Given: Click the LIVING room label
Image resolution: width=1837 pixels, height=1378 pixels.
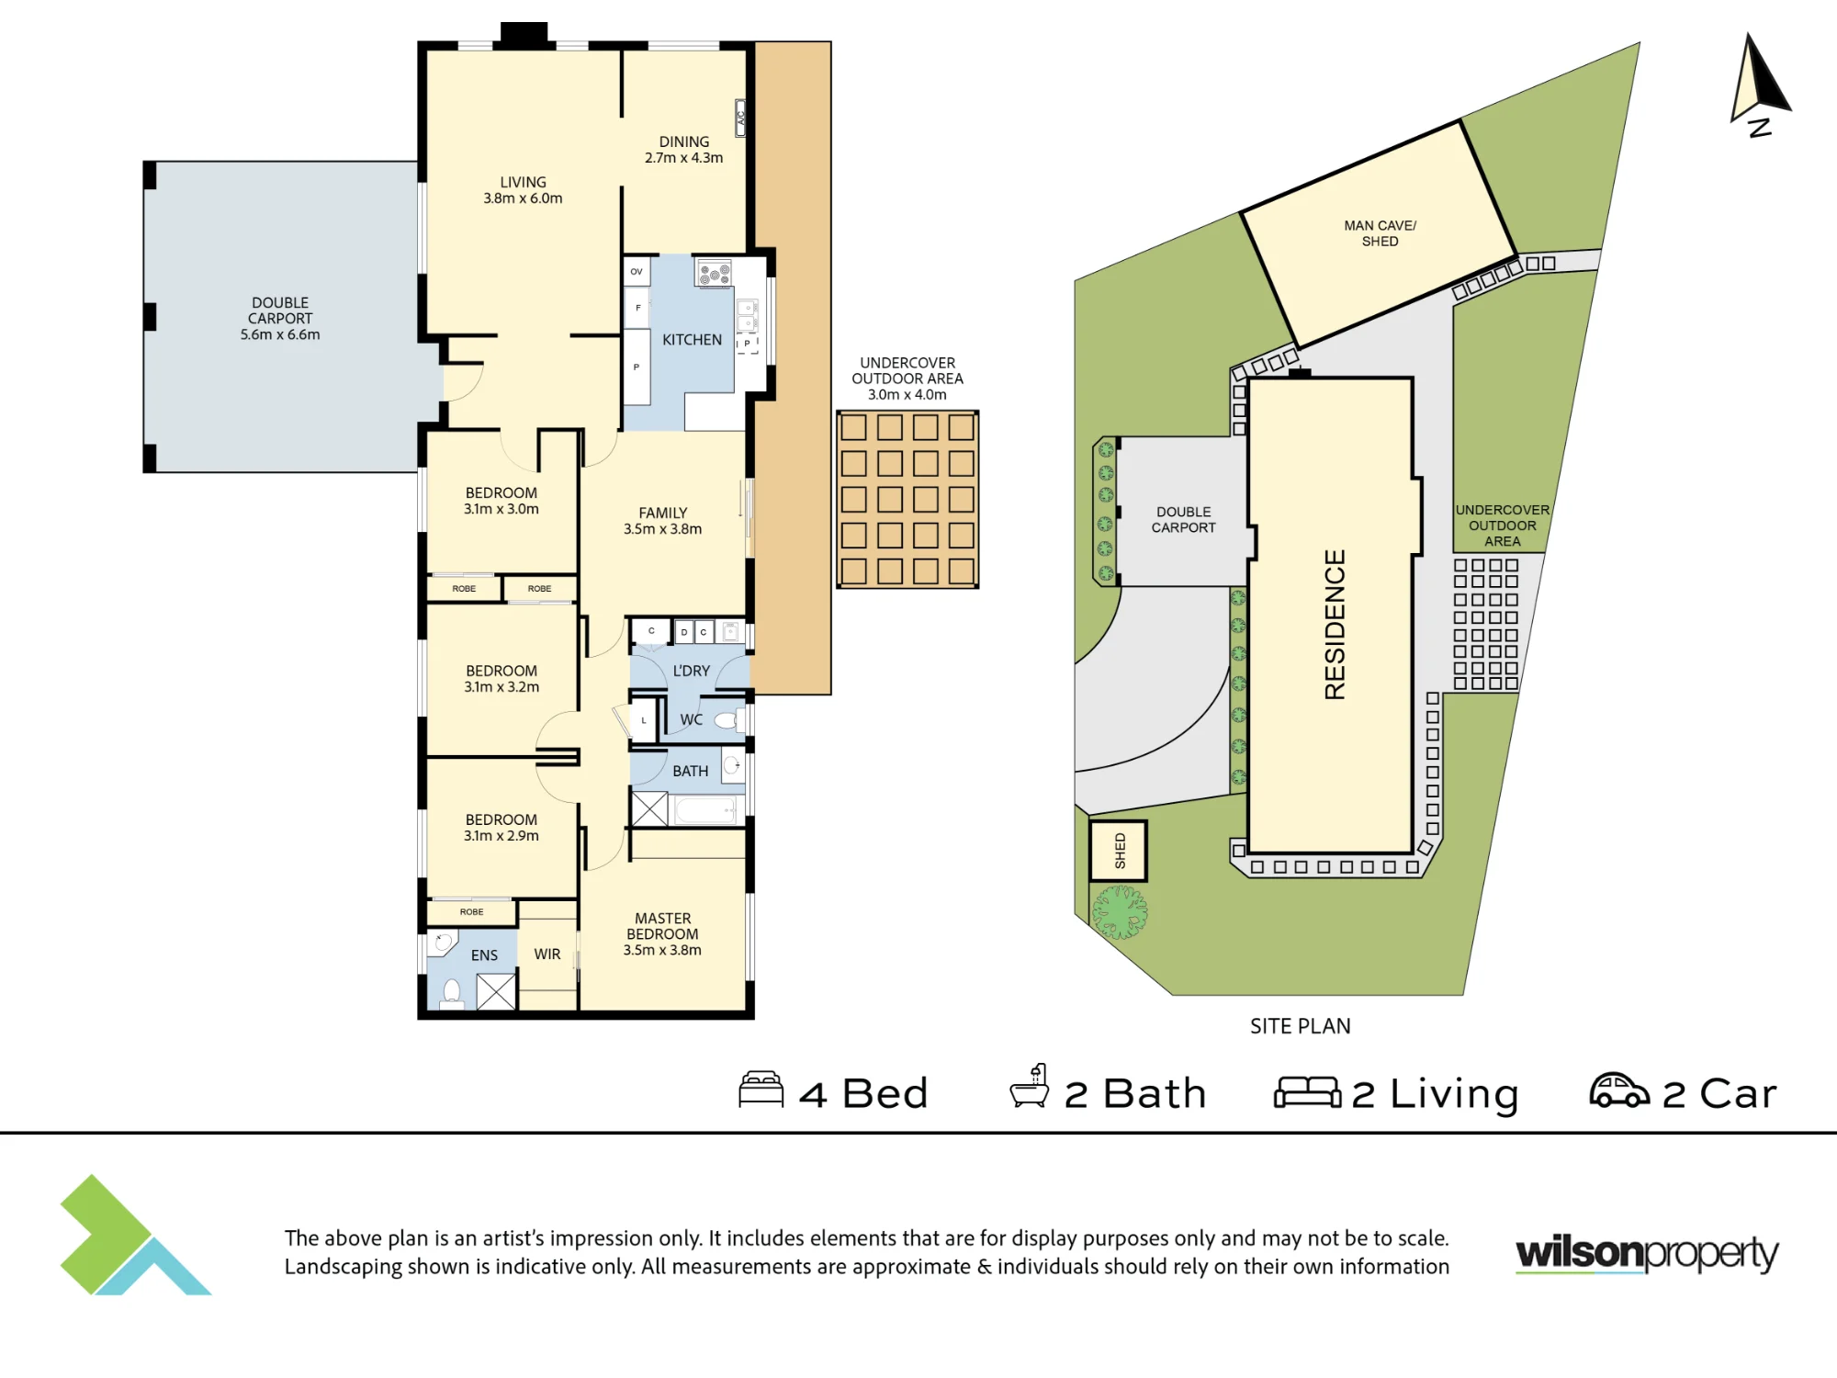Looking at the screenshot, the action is (x=523, y=190).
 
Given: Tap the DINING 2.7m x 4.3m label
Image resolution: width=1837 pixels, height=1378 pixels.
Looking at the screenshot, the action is (x=683, y=150).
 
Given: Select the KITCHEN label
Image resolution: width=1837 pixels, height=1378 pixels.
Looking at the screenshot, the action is (x=692, y=340).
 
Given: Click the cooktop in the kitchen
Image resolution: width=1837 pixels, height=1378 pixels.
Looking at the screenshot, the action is (x=714, y=274).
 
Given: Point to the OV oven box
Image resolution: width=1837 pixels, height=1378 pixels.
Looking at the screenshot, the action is (x=637, y=272).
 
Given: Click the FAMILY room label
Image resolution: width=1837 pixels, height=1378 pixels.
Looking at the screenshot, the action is (x=662, y=521).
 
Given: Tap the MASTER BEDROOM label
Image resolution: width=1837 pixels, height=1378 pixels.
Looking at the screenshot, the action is (x=662, y=933).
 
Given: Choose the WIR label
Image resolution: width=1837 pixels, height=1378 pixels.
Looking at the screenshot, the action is (x=547, y=954).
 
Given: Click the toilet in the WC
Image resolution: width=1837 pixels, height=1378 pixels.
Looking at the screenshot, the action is (x=728, y=719).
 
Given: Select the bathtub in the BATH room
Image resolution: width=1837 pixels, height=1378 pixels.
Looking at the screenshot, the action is (x=705, y=810).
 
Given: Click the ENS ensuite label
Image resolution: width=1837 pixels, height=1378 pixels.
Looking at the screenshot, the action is (x=484, y=955).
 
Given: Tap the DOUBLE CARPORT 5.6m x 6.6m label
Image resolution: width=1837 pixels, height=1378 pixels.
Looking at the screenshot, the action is (x=280, y=319).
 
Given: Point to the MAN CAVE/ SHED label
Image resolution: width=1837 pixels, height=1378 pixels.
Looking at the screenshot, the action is (x=1380, y=233).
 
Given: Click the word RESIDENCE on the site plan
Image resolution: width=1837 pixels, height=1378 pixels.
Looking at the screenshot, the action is (x=1335, y=625).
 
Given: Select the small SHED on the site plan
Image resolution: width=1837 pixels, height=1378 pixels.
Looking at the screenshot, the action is (x=1119, y=851).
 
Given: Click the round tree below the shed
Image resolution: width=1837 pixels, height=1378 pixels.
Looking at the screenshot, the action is (x=1120, y=911).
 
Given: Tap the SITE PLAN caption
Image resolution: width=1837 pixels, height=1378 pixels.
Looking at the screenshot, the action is (x=1300, y=1026).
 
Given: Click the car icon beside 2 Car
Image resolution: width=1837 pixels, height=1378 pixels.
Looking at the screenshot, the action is (x=1619, y=1090).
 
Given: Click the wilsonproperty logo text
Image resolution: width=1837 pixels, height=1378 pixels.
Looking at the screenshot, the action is (x=1647, y=1254).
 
